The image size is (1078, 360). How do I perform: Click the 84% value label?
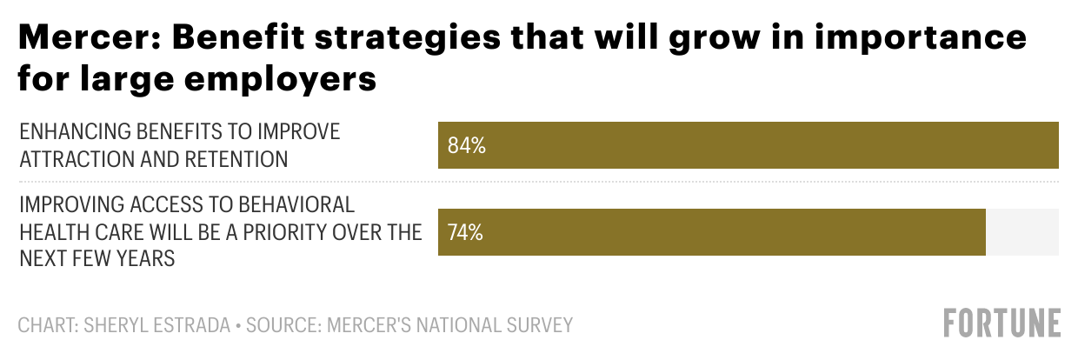pyautogui.click(x=466, y=145)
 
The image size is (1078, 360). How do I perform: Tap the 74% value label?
pyautogui.click(x=466, y=232)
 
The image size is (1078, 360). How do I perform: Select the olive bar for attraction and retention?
pyautogui.click(x=748, y=145)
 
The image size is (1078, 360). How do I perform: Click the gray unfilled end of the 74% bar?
pyautogui.click(x=1021, y=232)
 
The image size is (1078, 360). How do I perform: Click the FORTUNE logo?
pyautogui.click(x=1002, y=323)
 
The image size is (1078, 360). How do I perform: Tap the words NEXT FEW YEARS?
pyautogui.click(x=97, y=259)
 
